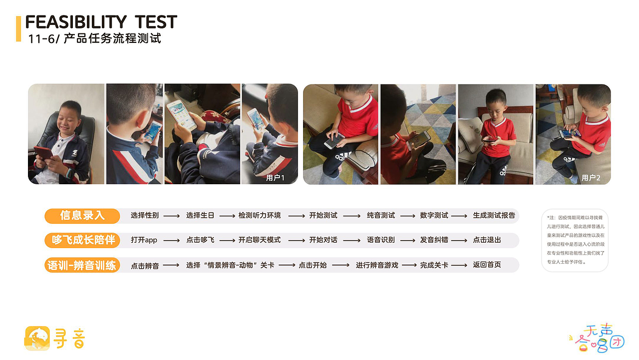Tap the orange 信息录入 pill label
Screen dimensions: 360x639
click(82, 216)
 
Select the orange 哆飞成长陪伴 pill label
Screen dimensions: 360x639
click(82, 240)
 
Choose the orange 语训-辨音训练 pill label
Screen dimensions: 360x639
click(82, 265)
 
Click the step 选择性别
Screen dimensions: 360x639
click(145, 216)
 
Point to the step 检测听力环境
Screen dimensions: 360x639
click(260, 216)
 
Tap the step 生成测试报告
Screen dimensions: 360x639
click(494, 216)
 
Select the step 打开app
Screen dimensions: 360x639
click(144, 240)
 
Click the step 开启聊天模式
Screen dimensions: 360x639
click(260, 240)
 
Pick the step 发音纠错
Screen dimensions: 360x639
click(434, 240)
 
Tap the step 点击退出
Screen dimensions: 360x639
click(487, 240)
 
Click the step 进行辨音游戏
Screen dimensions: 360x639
click(377, 265)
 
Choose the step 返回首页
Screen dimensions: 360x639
click(487, 265)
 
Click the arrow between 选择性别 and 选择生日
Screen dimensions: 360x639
click(172, 216)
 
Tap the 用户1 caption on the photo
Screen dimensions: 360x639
click(276, 177)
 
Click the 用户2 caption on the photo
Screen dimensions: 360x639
click(591, 178)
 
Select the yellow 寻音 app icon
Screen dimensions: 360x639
click(37, 338)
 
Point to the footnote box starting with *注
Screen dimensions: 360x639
click(575, 240)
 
